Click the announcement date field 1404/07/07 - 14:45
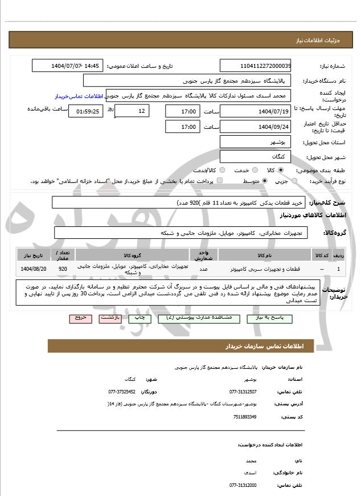point(68,66)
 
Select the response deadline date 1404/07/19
point(255,111)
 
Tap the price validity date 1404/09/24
point(255,127)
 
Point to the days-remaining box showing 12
point(132,111)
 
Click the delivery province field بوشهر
point(255,142)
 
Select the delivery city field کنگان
point(255,156)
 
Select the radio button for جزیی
point(294,181)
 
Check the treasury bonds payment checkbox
point(220,181)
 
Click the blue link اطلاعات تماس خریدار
point(80,96)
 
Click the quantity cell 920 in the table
point(63,269)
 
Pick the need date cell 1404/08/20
point(33,269)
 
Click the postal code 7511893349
point(245,417)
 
